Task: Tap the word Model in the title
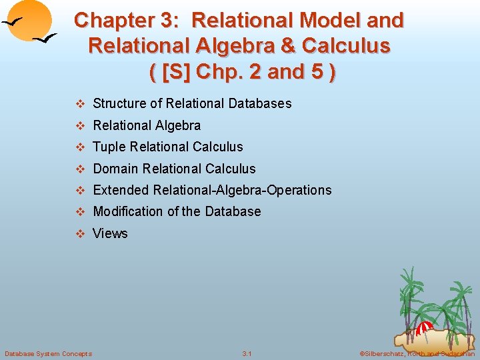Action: click(331, 21)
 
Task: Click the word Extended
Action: click(121, 190)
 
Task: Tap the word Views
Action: click(110, 233)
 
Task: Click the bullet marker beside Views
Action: click(80, 233)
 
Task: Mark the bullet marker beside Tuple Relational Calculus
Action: click(80, 147)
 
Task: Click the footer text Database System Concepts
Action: click(48, 353)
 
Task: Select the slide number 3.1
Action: click(247, 353)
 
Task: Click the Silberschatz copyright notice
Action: click(417, 353)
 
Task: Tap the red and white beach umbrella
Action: click(425, 327)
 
